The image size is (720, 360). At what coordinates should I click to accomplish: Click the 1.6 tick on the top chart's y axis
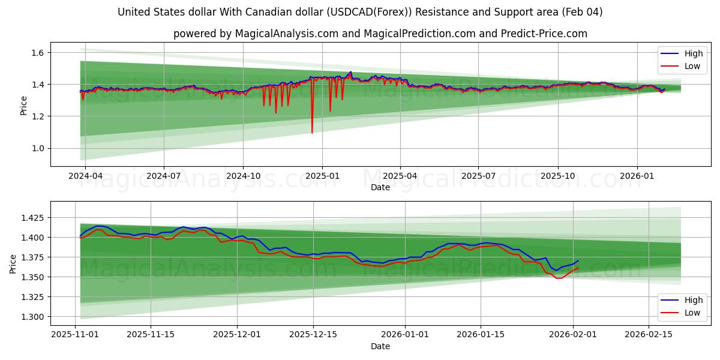(x=37, y=53)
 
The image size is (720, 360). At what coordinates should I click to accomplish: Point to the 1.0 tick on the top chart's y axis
(x=37, y=148)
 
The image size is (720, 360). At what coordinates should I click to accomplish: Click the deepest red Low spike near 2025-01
(x=312, y=132)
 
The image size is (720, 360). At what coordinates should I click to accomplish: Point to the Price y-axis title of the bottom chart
(x=13, y=263)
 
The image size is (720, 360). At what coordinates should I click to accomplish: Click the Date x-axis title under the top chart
(x=380, y=187)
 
